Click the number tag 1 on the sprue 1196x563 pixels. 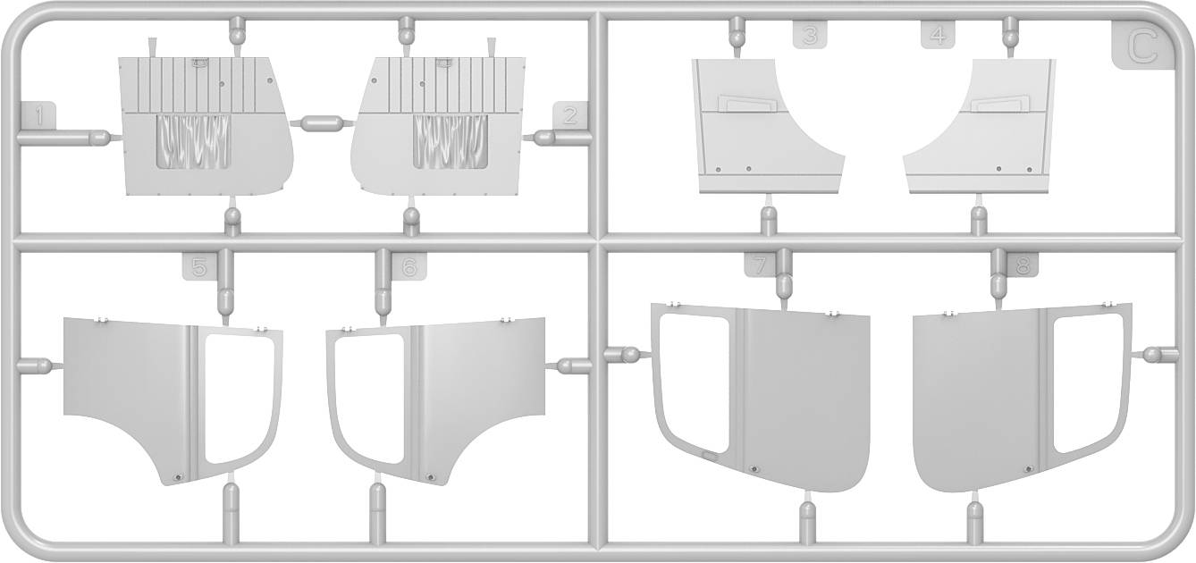click(38, 116)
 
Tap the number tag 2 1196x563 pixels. click(570, 116)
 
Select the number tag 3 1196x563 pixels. click(810, 35)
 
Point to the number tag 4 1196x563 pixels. click(938, 35)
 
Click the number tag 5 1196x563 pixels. click(199, 266)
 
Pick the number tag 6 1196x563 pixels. click(409, 266)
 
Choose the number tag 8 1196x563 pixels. click(1022, 264)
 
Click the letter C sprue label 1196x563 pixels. click(1143, 48)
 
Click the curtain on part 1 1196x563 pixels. click(193, 141)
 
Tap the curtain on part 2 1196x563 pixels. click(451, 141)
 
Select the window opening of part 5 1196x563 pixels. click(240, 398)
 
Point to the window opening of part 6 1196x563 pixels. click(368, 398)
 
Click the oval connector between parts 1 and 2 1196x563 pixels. click(322, 122)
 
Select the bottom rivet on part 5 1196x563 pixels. click(179, 476)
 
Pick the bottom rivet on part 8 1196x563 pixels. click(1025, 468)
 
